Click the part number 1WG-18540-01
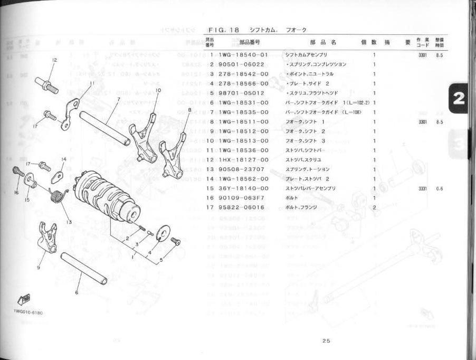[243, 54]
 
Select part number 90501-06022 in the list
[243, 64]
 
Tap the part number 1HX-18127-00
[243, 159]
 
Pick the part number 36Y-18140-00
[243, 188]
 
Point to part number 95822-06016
[243, 207]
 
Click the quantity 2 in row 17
[374, 207]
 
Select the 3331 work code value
[423, 188]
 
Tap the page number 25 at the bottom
[326, 340]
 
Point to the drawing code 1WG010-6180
[28, 312]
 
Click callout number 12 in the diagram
[54, 60]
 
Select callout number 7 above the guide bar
[119, 99]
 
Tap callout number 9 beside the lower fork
[38, 268]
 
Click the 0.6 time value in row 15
[440, 188]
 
